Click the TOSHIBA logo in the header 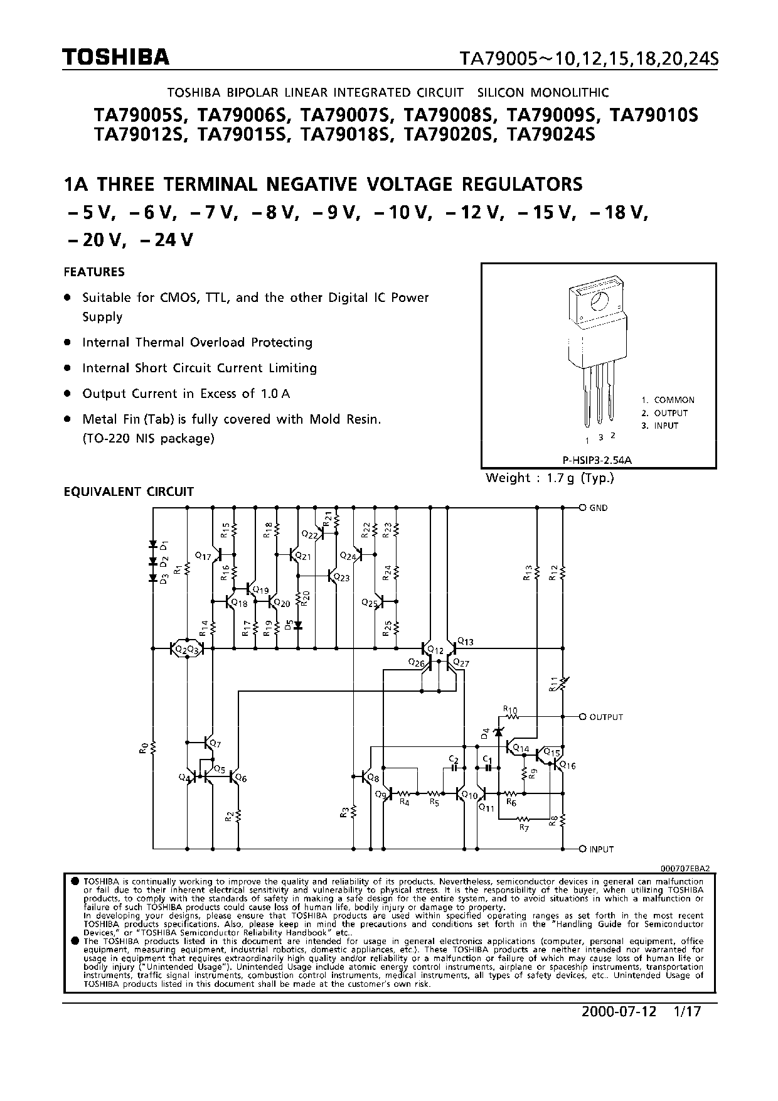point(116,58)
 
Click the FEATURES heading point(94,272)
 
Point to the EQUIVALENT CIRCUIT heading point(129,491)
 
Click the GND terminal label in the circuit point(598,508)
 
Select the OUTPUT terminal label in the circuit point(605,717)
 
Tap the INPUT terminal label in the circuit point(601,849)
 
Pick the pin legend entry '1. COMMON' point(668,400)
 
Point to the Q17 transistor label point(203,556)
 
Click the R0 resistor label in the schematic point(144,748)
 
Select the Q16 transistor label point(567,765)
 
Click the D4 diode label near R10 point(484,732)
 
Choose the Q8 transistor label point(373,778)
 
